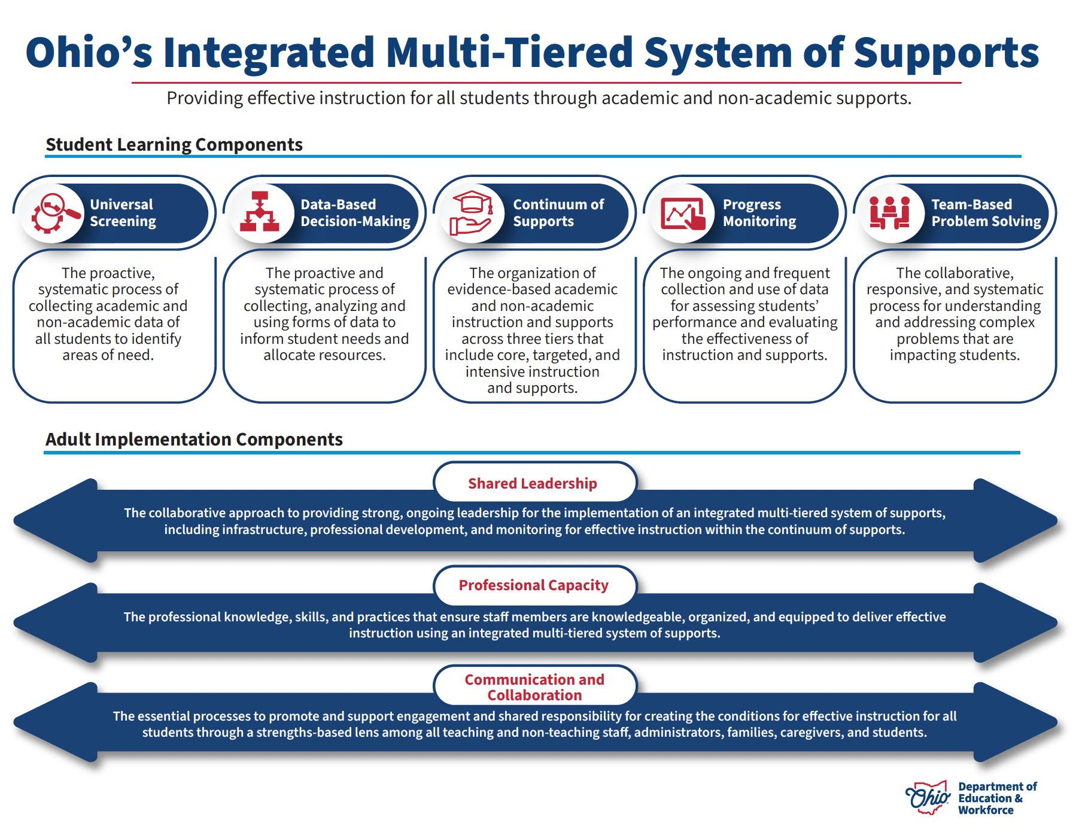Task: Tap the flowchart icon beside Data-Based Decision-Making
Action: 260,213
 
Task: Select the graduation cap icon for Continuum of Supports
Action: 472,213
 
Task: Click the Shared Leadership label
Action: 532,483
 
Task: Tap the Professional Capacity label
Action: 533,585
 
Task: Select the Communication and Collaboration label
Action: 534,687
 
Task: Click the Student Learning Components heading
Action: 174,145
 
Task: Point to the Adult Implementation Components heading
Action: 194,440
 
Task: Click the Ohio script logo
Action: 928,798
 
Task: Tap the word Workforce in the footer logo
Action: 986,810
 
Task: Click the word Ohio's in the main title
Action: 89,53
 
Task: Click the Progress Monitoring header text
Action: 759,213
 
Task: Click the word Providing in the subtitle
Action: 204,98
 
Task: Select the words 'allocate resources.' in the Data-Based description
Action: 324,355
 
